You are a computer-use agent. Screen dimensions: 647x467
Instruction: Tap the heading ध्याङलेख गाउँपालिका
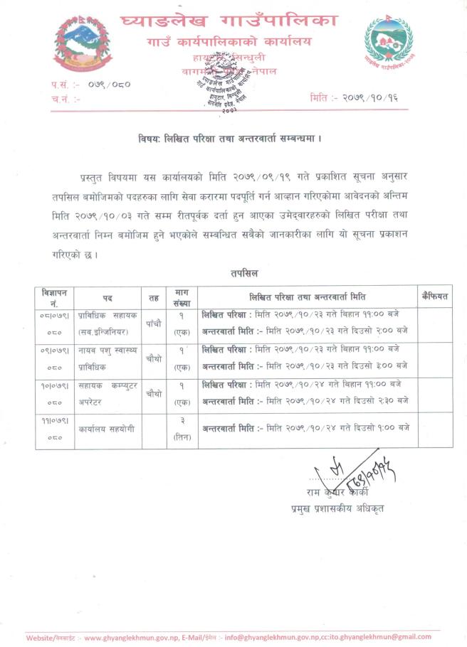[x=228, y=21]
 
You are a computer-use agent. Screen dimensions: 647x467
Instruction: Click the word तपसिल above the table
[x=243, y=272]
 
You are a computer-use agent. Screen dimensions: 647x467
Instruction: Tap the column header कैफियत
[x=434, y=296]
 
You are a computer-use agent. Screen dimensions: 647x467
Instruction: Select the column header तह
[x=154, y=297]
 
